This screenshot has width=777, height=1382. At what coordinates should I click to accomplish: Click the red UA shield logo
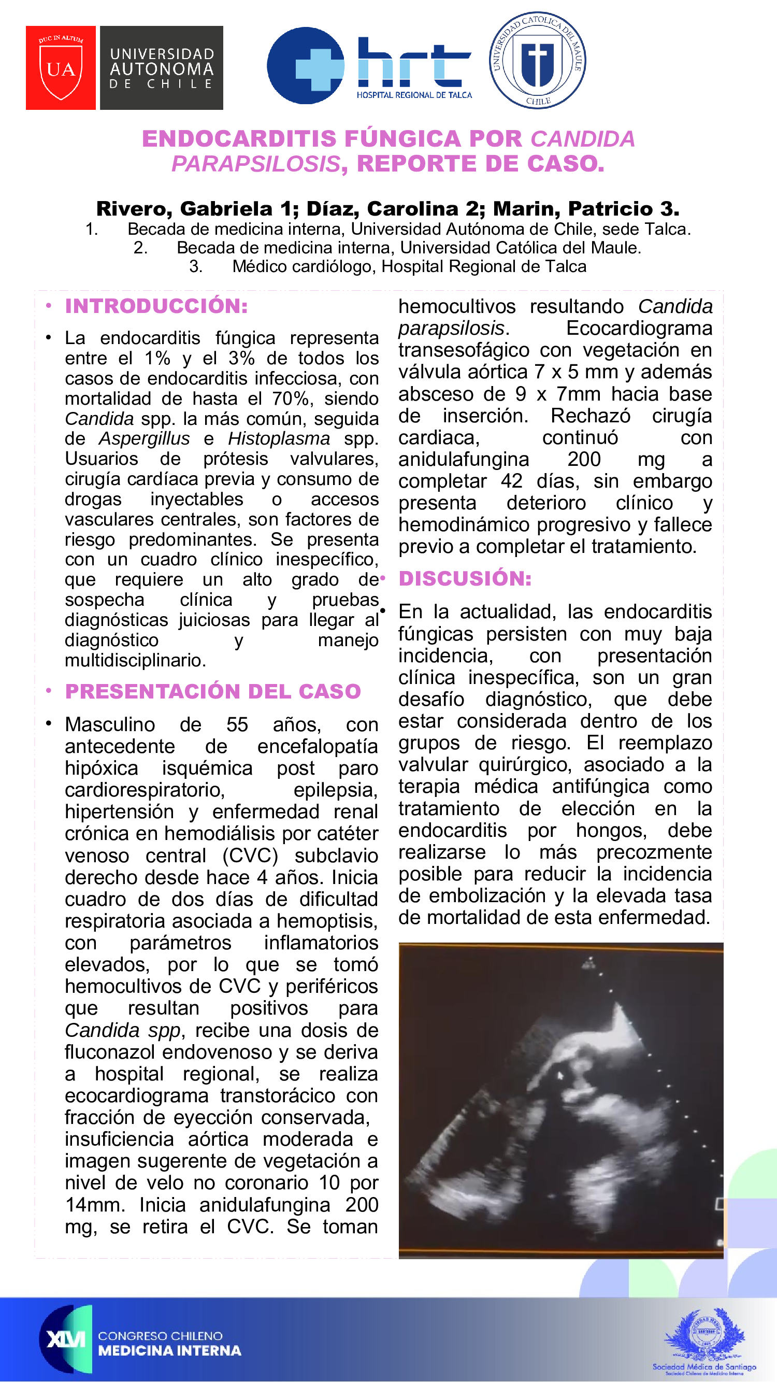click(x=61, y=68)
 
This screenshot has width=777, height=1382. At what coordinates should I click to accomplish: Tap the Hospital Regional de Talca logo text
click(x=414, y=95)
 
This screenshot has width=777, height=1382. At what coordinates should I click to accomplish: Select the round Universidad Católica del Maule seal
click(x=537, y=60)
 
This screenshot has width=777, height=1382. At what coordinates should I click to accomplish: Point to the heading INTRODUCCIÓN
click(x=156, y=306)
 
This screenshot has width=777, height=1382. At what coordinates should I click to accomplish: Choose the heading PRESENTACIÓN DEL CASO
click(x=213, y=692)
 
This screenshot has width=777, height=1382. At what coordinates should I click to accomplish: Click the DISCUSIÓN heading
click(x=465, y=578)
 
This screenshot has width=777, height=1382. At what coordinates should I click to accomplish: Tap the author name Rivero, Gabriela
click(x=184, y=209)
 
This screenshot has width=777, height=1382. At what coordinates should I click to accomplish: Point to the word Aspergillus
click(x=144, y=439)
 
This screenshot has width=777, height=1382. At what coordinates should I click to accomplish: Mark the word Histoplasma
click(x=279, y=439)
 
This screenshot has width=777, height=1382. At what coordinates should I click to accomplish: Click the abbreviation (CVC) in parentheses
click(x=250, y=856)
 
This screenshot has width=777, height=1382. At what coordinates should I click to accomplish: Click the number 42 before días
click(x=512, y=481)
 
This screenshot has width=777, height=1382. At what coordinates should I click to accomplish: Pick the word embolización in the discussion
click(x=488, y=895)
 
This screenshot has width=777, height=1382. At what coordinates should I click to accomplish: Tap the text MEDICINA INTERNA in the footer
click(x=169, y=1350)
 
